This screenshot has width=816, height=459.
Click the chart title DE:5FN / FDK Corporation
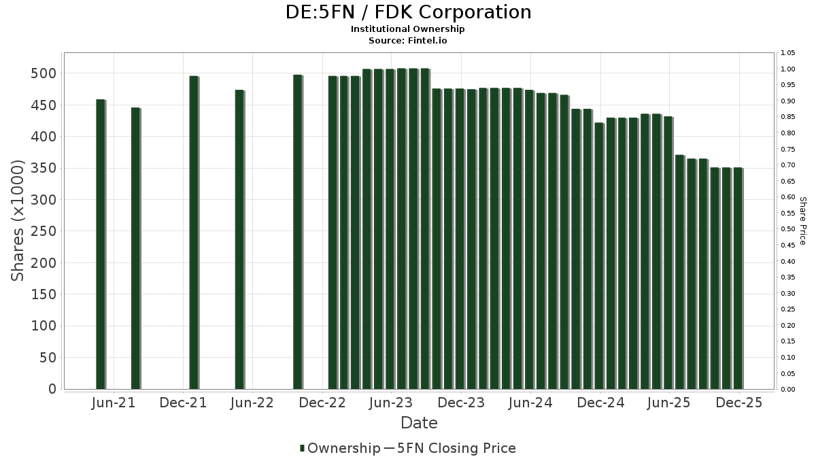(407, 12)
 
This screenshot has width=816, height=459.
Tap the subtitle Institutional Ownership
(407, 29)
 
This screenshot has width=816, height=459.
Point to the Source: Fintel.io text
(407, 41)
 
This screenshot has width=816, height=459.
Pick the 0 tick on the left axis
(52, 389)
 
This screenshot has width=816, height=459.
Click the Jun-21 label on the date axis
(113, 403)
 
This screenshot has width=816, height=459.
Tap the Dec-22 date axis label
(323, 403)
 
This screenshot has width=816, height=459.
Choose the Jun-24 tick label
(530, 403)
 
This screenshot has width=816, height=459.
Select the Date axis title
(419, 423)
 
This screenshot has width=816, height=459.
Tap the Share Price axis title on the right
(802, 221)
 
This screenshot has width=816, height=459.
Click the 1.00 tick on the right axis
(787, 69)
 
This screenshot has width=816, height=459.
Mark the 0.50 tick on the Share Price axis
(787, 229)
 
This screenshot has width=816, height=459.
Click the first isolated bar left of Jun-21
(101, 245)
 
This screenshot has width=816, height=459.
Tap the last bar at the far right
(738, 279)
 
